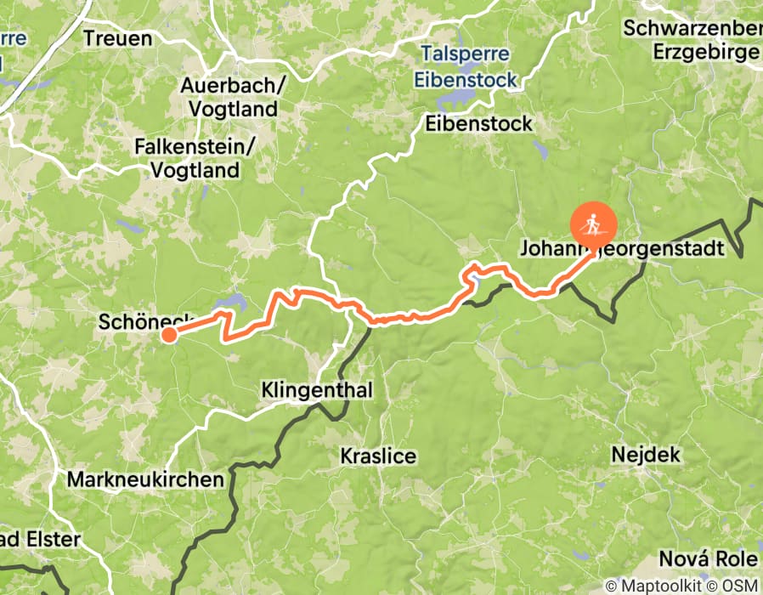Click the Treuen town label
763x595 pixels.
[x=118, y=38]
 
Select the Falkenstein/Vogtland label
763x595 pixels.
[x=195, y=158]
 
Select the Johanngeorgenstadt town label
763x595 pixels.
[x=621, y=249]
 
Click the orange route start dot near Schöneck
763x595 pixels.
[x=169, y=335]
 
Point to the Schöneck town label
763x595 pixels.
[x=144, y=322]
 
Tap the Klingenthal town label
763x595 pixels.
[x=317, y=391]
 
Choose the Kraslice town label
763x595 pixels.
[x=378, y=456]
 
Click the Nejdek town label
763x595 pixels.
[x=646, y=455]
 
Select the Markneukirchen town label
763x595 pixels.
[x=145, y=479]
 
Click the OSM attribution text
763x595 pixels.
[x=741, y=586]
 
